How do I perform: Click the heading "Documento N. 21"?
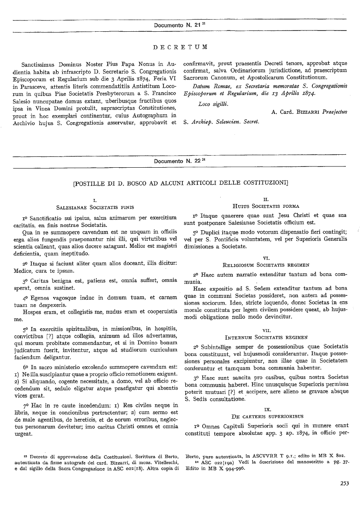pyautogui.click(x=178, y=25)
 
